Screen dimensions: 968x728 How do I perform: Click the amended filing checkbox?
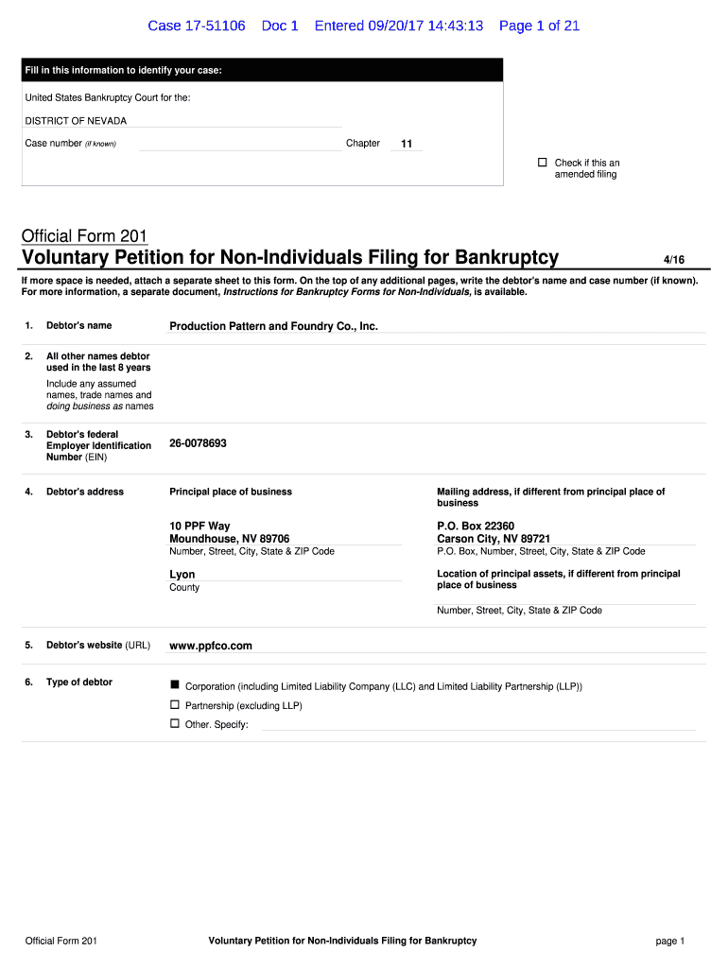point(543,163)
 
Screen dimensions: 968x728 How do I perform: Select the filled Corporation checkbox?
point(174,684)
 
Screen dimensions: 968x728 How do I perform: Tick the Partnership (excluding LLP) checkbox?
point(174,704)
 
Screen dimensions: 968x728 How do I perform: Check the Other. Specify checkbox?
point(174,723)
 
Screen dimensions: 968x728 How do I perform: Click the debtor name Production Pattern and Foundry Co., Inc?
point(273,326)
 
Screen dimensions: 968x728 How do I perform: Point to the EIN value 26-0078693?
point(198,443)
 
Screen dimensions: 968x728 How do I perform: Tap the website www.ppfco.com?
point(211,646)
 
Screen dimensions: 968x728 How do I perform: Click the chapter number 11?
point(407,144)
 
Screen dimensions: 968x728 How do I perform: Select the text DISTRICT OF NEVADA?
point(76,121)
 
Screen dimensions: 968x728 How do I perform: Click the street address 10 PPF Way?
point(199,526)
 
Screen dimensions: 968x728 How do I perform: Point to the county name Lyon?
point(182,574)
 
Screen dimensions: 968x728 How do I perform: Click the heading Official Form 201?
point(84,235)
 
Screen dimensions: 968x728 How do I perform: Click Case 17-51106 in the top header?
point(196,26)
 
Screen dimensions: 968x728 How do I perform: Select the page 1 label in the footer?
point(668,941)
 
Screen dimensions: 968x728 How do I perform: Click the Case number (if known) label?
point(70,144)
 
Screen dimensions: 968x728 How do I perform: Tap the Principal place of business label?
point(231,492)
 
